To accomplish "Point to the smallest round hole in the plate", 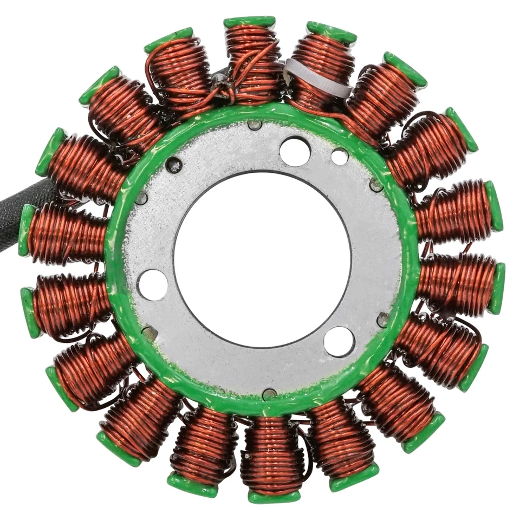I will coord(340,157).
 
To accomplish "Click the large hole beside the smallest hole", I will coord(295,151).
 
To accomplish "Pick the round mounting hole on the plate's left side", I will coord(152,284).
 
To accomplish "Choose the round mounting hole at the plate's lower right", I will coord(339,341).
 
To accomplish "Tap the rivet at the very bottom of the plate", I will coord(269,394).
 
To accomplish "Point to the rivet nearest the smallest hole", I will coord(376,185).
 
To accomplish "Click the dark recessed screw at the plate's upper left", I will coord(174,165).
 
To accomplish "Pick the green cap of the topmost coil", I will coord(250,22).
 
